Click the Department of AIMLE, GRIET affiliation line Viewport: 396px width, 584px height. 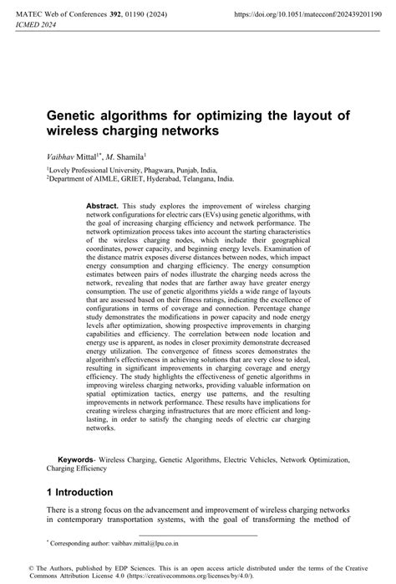140,178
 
